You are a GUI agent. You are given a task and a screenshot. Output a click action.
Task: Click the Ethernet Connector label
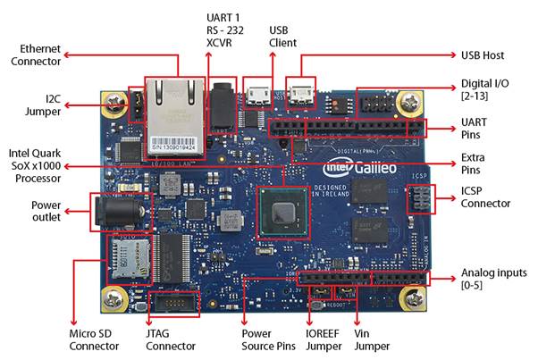click(x=36, y=54)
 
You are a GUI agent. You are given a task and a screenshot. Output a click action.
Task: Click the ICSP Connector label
click(x=485, y=197)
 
